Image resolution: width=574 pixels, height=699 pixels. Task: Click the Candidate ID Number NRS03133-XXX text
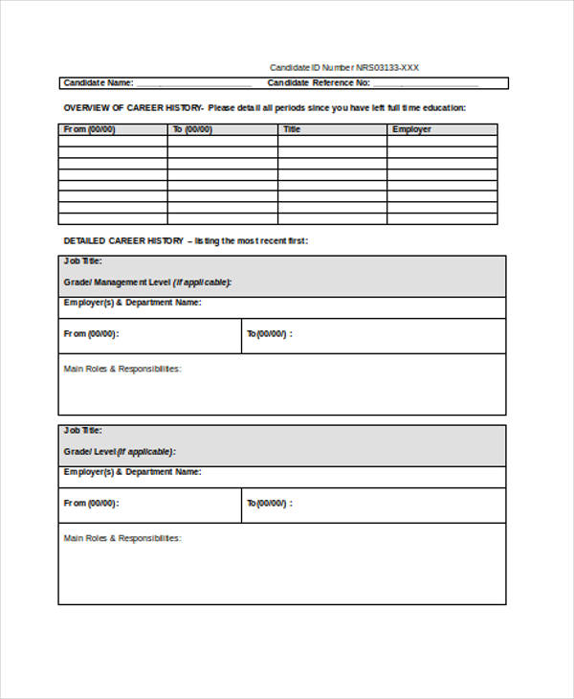343,68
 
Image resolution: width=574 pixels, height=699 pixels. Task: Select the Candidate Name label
98,83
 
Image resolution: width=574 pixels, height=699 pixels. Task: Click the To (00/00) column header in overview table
192,129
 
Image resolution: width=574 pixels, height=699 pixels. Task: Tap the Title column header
292,129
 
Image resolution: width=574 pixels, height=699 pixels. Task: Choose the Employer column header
411,129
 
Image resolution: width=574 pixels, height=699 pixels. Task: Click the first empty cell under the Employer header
443,141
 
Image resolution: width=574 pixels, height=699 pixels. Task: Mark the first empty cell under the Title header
333,141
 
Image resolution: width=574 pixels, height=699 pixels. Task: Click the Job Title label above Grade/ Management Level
82,261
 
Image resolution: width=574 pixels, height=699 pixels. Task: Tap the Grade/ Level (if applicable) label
120,452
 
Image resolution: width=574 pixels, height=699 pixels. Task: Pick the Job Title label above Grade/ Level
82,431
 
